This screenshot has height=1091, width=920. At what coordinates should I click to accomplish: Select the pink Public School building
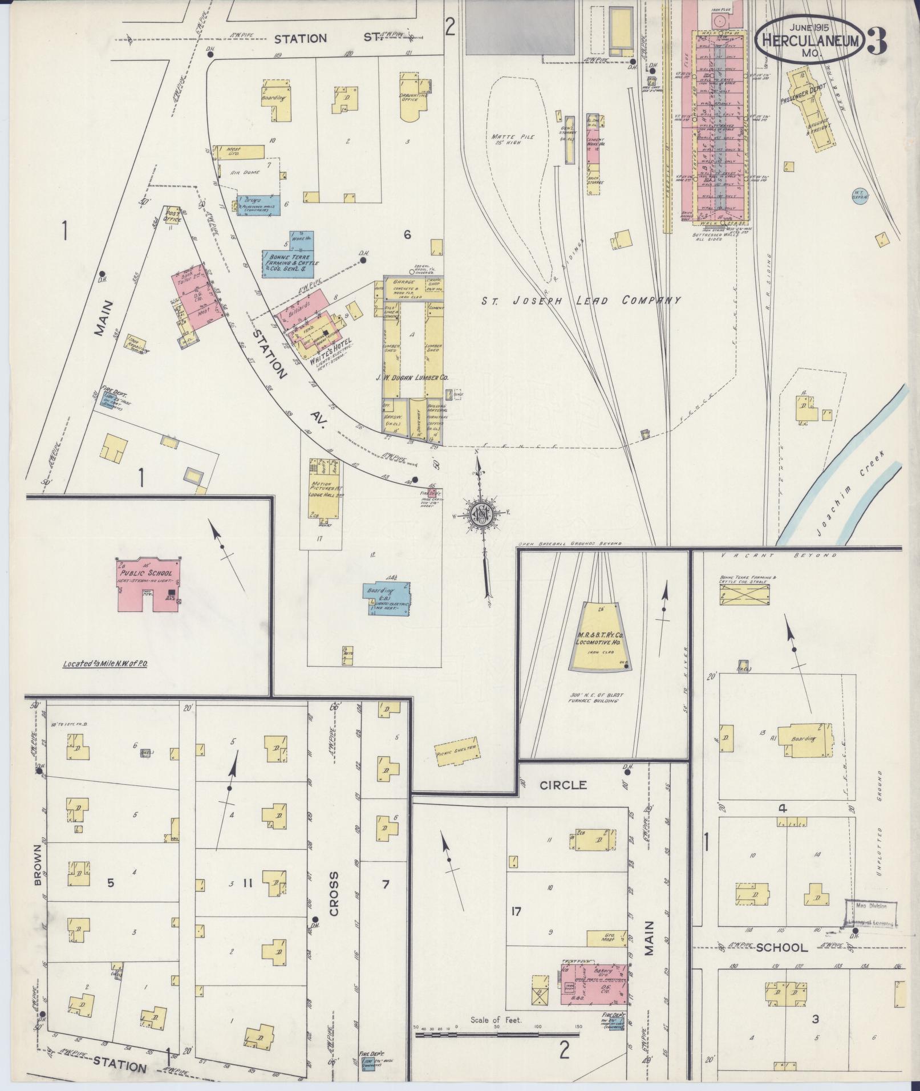pyautogui.click(x=149, y=583)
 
